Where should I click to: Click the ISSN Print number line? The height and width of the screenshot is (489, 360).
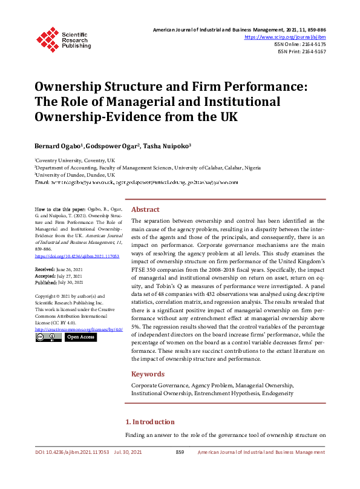click(x=301, y=51)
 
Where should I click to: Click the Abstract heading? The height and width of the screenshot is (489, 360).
click(x=145, y=209)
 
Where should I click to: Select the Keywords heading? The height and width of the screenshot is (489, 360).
click(x=148, y=374)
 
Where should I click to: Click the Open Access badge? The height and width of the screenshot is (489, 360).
click(x=80, y=337)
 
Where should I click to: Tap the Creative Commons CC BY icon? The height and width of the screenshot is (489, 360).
click(x=48, y=337)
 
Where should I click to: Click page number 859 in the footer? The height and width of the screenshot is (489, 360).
click(x=180, y=452)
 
